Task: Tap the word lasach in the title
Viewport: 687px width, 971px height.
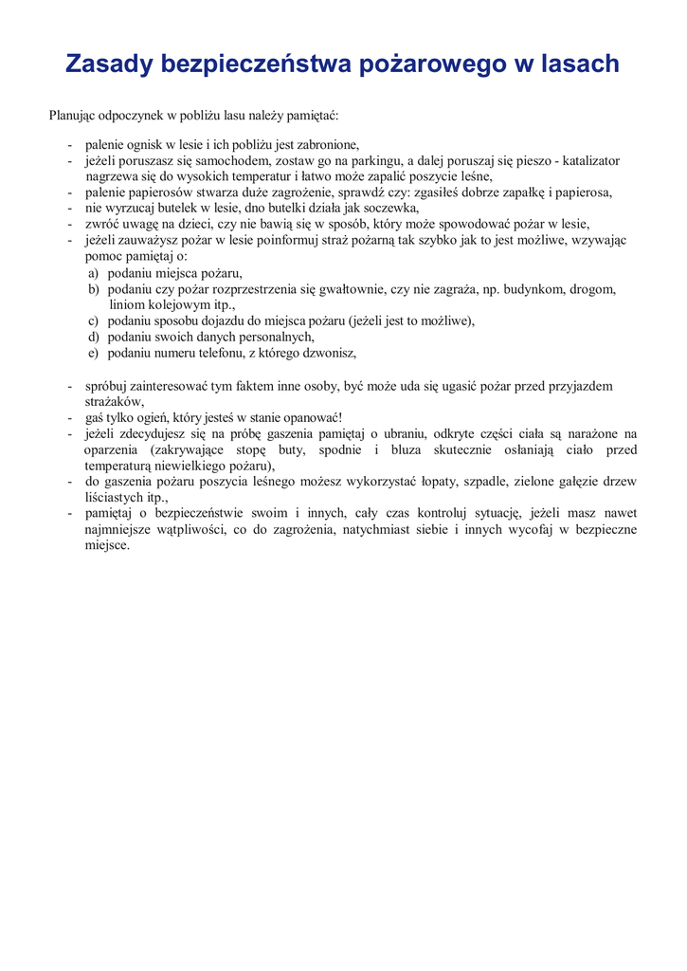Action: pyautogui.click(x=578, y=64)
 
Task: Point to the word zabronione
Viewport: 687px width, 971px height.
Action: pyautogui.click(x=328, y=145)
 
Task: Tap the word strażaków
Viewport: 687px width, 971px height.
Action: pyautogui.click(x=114, y=402)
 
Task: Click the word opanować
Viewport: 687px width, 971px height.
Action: pyautogui.click(x=311, y=418)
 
